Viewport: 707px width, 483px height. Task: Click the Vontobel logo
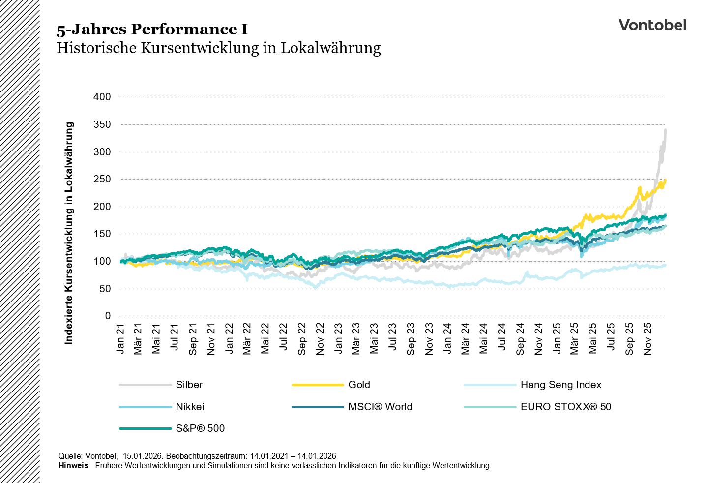pyautogui.click(x=652, y=25)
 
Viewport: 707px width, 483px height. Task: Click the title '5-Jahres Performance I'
pyautogui.click(x=152, y=30)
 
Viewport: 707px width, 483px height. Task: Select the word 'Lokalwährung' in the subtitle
pyautogui.click(x=330, y=48)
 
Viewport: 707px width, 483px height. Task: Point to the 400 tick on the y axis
pyautogui.click(x=102, y=97)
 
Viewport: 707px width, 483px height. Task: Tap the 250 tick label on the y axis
pyautogui.click(x=102, y=180)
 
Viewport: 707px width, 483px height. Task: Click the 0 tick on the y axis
pyautogui.click(x=108, y=316)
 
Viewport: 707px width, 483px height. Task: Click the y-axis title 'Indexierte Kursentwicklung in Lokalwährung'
pyautogui.click(x=69, y=233)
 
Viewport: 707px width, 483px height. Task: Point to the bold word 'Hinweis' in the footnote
pyautogui.click(x=73, y=465)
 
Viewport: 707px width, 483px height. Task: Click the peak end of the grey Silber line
pyautogui.click(x=665, y=130)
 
